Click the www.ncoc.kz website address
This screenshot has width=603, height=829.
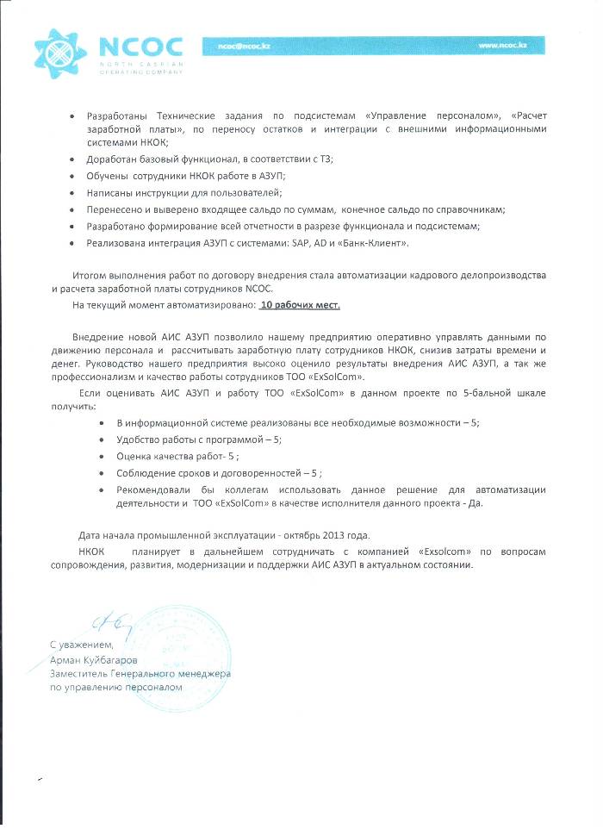pos(501,45)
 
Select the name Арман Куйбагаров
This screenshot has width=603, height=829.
pos(93,659)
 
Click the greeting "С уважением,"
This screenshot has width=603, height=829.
pos(81,645)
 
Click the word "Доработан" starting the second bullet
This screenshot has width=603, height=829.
pos(110,159)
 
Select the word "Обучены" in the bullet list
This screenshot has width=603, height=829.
pos(107,176)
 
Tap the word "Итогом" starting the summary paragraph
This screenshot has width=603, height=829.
pos(90,274)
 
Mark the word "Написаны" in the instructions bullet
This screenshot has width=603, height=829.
pos(109,193)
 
